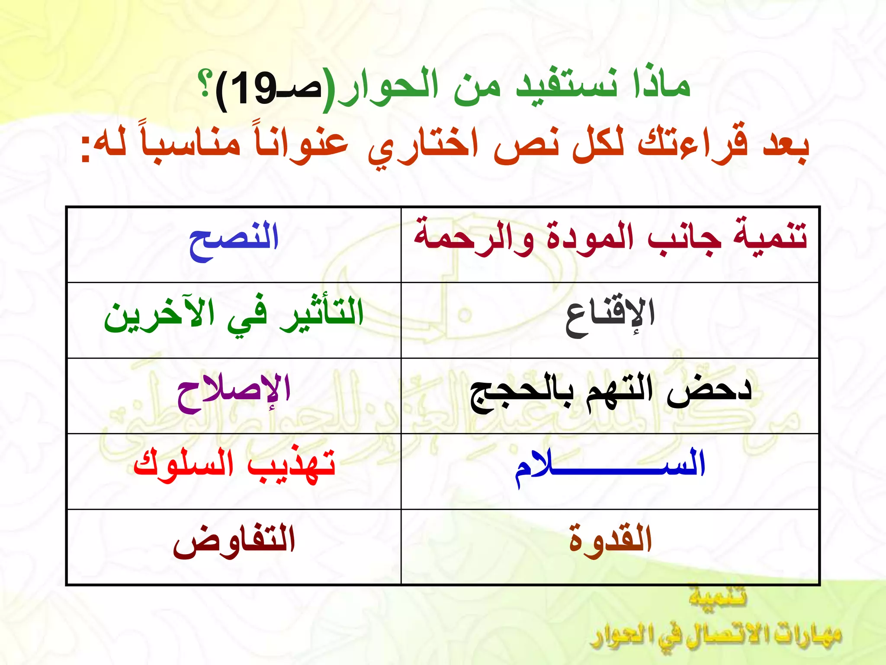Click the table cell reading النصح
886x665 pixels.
click(x=234, y=239)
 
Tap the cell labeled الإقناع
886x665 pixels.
click(x=610, y=316)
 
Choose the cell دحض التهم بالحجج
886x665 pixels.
click(x=610, y=392)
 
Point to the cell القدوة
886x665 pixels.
click(x=610, y=541)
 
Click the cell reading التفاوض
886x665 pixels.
click(x=234, y=541)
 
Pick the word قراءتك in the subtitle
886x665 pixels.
click(x=692, y=143)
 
